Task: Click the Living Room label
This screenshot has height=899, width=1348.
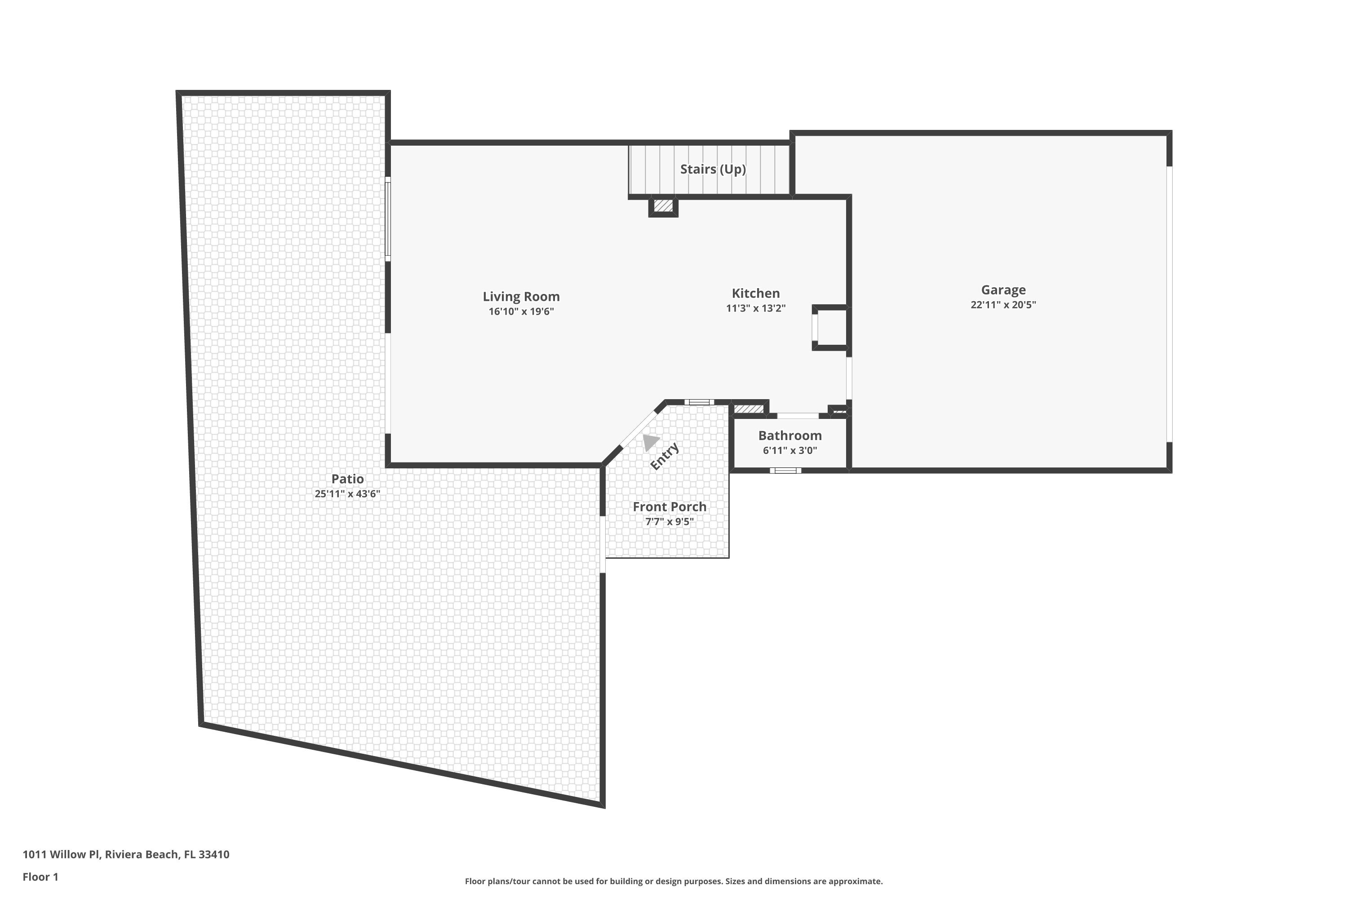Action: tap(520, 296)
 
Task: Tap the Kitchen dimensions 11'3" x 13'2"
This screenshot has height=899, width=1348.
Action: tap(755, 308)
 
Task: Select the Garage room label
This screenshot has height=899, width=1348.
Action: tap(1002, 290)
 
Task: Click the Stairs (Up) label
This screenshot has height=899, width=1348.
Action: tap(712, 169)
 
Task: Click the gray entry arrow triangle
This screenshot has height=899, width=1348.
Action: tap(649, 442)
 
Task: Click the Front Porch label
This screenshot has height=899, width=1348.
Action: tap(669, 507)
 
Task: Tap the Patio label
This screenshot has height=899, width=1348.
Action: tap(347, 479)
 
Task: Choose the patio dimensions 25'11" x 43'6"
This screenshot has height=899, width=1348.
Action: tap(347, 494)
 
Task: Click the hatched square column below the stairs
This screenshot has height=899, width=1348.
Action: tap(663, 206)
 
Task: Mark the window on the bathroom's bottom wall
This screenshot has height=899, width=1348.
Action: tap(785, 471)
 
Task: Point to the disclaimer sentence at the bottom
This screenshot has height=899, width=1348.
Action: tap(674, 881)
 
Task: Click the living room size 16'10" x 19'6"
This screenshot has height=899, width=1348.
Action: tap(520, 312)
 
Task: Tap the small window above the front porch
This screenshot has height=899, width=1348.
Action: tap(699, 402)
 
